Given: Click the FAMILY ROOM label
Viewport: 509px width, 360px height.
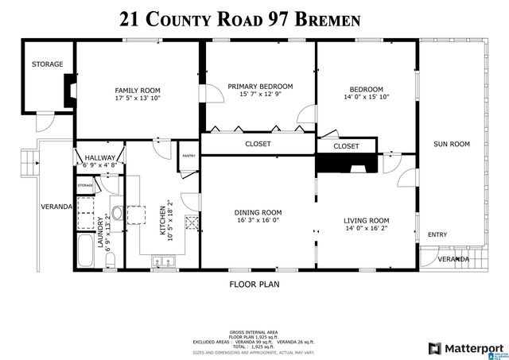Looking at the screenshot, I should pos(138,91).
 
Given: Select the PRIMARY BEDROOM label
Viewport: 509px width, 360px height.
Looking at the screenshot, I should pos(260,86).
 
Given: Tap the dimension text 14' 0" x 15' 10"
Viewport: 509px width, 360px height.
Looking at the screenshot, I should pos(366,97).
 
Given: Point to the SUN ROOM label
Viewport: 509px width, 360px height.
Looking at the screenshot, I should pos(451,144).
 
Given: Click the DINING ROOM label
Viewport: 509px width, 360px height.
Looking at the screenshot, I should pos(258,212).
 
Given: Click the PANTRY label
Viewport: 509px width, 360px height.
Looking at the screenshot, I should pos(188,156).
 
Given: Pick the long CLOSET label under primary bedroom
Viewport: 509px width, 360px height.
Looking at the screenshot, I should pos(258,144).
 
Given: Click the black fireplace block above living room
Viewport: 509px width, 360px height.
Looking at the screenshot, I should pos(346,163).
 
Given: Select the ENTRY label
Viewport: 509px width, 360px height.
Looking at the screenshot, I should pos(437,234).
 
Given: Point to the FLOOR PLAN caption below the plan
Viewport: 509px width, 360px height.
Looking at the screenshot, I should pos(254,284).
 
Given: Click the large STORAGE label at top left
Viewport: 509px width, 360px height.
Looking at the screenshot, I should pos(47,64).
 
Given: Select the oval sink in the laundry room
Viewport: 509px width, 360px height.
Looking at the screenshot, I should pos(115,212).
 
